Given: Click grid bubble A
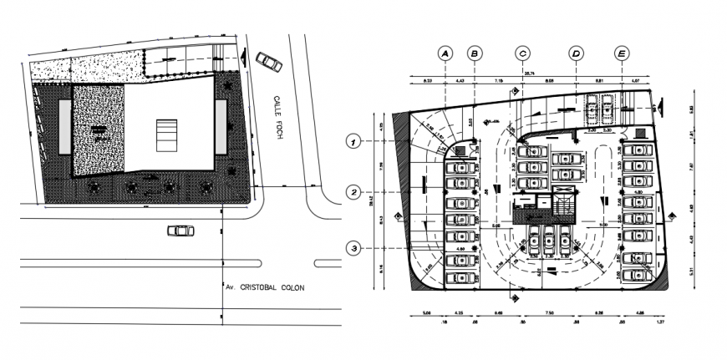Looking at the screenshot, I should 445,53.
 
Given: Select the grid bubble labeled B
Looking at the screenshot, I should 475,53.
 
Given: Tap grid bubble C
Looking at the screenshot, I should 522,53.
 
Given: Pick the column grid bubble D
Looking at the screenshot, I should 576,53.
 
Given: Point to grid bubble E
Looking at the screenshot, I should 621,53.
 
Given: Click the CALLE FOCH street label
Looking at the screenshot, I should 277,117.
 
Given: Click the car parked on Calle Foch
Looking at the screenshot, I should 268,61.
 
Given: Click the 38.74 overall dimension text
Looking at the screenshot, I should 529,74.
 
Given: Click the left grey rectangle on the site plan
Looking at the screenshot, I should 64,126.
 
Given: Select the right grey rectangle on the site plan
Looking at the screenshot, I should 221,126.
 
